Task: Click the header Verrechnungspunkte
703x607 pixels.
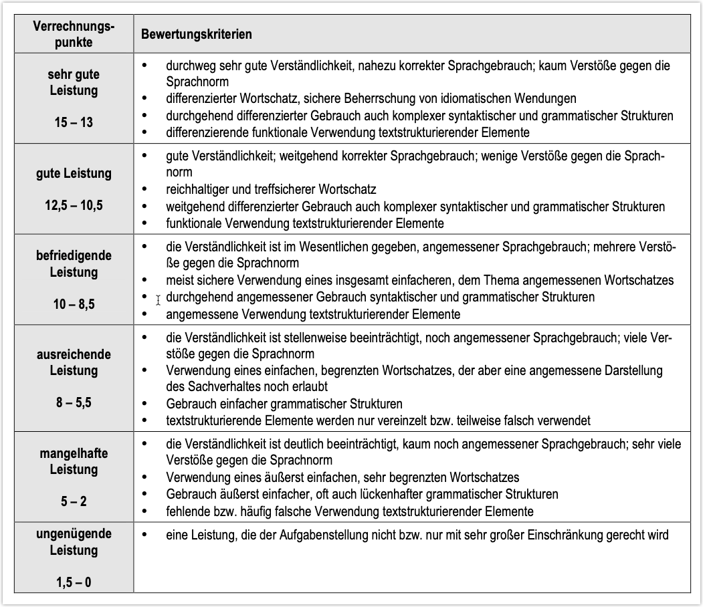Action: click(74, 34)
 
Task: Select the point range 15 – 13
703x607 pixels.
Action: click(74, 122)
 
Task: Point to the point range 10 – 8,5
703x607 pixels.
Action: click(74, 304)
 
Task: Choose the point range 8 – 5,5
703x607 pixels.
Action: click(74, 402)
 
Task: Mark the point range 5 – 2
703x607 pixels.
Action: click(74, 501)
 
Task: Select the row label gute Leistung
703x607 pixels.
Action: click(74, 174)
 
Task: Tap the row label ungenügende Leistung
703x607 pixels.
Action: click(74, 542)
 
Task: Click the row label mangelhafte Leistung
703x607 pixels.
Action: click(74, 461)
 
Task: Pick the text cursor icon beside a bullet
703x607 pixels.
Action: click(158, 300)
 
